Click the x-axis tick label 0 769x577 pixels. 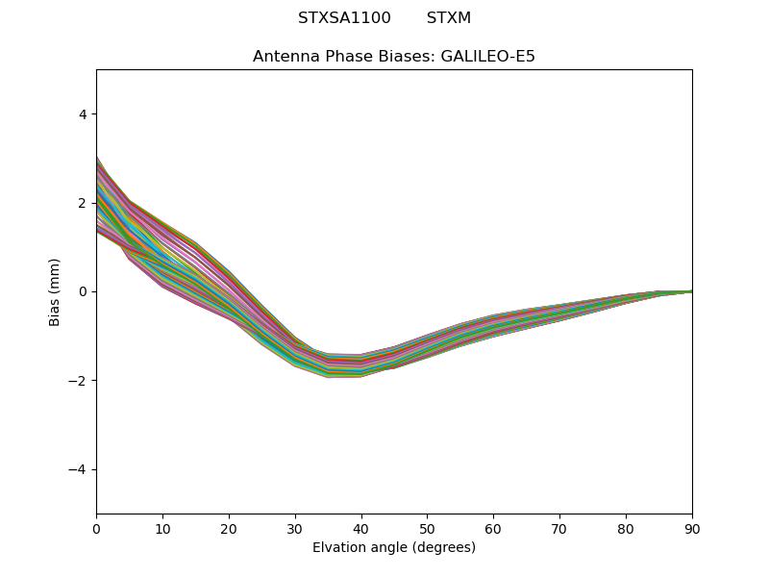click(x=96, y=528)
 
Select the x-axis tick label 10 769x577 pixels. click(x=162, y=528)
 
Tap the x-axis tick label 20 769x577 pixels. click(x=229, y=528)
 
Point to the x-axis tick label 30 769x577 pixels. click(x=295, y=528)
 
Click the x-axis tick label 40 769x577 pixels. click(x=361, y=528)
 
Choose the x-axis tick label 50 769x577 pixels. click(x=427, y=528)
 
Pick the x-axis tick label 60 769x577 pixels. click(x=493, y=528)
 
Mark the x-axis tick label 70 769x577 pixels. click(x=559, y=528)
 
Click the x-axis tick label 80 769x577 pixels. click(x=626, y=528)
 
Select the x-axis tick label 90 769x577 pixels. click(x=692, y=528)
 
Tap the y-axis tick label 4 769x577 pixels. click(x=83, y=114)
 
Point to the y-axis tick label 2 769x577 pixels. click(x=83, y=203)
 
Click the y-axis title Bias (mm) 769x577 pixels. click(x=55, y=291)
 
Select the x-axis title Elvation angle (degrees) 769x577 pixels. click(x=394, y=548)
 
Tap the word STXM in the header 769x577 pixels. click(x=449, y=18)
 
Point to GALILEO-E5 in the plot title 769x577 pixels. click(x=488, y=57)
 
